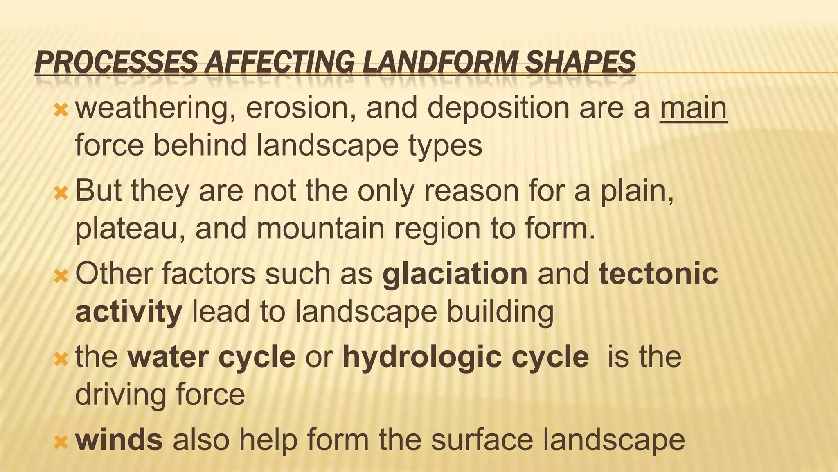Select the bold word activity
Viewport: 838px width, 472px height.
tap(128, 312)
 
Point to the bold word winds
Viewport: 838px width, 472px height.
tap(119, 439)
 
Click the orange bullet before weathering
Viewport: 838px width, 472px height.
tap(61, 110)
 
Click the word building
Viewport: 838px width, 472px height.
tap(500, 312)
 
